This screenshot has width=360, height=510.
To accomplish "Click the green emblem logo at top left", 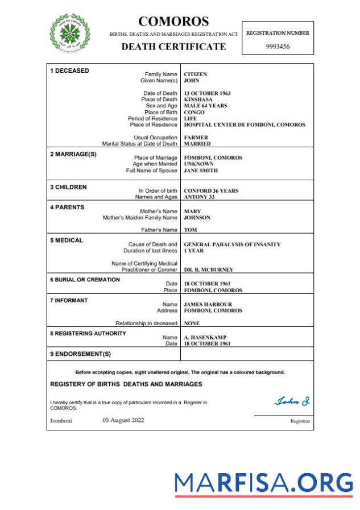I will tap(69, 31).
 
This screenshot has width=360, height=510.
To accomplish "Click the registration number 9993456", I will tap(278, 47).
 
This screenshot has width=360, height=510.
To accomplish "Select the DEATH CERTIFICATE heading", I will tap(173, 47).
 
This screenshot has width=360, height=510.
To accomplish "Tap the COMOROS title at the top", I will tap(173, 22).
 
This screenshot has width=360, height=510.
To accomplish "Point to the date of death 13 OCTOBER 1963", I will tap(207, 93).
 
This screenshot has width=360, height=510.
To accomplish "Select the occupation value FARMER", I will tap(196, 138).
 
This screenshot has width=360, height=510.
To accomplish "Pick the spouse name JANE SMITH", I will tap(201, 170).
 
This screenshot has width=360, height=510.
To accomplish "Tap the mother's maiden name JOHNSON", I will tap(197, 217).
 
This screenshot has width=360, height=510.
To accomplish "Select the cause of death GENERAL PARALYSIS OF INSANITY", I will tap(232, 244).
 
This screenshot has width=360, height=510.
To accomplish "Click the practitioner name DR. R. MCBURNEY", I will tap(208, 269).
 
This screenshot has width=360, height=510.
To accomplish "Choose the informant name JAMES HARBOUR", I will tap(208, 304).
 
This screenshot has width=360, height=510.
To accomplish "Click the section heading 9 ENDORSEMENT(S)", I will tap(80, 354).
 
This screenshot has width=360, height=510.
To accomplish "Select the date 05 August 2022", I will tap(123, 420).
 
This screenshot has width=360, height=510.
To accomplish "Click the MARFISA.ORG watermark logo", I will tap(263, 483).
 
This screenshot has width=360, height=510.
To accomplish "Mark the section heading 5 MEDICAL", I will tap(67, 241).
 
